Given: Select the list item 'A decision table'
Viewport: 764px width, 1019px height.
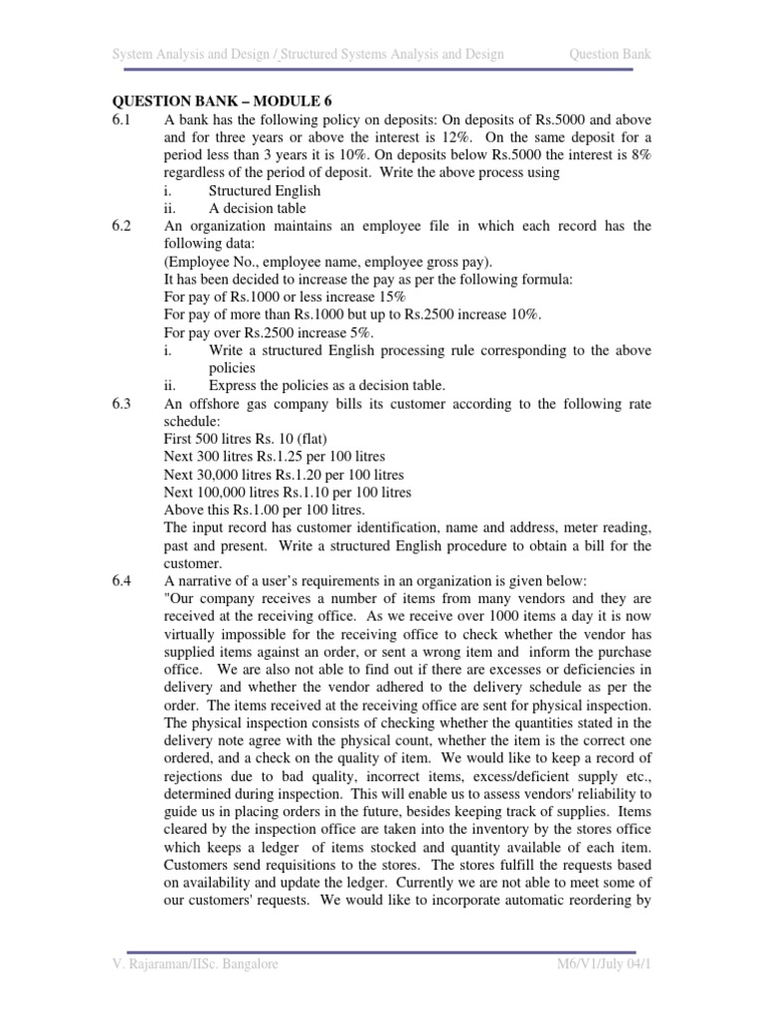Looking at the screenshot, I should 257,208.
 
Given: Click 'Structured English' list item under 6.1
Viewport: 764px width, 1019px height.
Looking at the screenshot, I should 265,190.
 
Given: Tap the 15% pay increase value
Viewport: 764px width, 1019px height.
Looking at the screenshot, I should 361,297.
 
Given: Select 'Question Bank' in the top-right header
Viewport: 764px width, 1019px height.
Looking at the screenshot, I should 610,54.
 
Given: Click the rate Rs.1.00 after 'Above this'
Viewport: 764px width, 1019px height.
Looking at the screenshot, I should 262,509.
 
